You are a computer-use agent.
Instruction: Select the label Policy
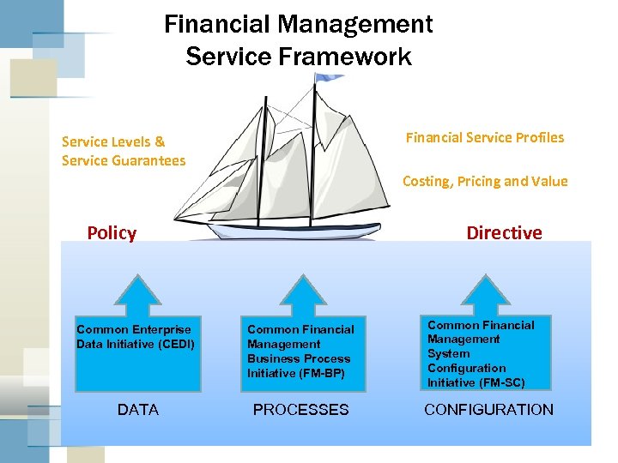112,233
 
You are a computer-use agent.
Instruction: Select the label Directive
504,233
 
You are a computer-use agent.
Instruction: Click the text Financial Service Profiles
485,137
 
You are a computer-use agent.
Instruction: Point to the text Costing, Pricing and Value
485,181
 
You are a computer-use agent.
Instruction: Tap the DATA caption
138,410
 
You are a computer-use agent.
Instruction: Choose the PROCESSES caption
300,410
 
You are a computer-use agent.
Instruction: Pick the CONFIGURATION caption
489,410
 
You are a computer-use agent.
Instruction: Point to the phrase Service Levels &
113,141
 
